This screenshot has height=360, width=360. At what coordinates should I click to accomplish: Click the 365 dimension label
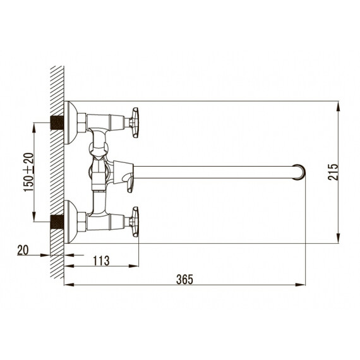click(184, 279)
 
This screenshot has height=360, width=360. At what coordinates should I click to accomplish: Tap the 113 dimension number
click(101, 261)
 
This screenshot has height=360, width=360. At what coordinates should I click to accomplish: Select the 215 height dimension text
click(333, 172)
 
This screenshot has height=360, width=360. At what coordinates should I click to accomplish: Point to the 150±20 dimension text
click(28, 172)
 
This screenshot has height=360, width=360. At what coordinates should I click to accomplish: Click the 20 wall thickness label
click(23, 250)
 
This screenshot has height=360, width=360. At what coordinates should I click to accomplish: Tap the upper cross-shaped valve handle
click(134, 123)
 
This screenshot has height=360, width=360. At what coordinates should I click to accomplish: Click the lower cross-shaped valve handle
click(134, 222)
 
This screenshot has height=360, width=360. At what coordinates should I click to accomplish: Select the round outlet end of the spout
click(299, 172)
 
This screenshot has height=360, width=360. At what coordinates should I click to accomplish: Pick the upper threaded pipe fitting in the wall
click(57, 123)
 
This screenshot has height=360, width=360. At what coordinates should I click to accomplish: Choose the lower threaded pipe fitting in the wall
click(57, 222)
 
